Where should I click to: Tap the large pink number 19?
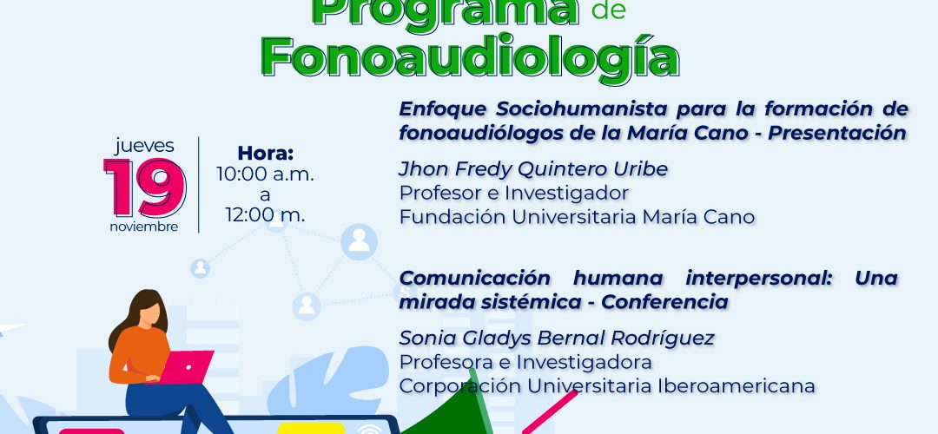point(145,187)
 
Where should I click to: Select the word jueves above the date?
point(145,146)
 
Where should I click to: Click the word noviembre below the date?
point(144,227)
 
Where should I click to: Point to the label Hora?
point(266,153)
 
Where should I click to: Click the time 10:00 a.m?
point(265,174)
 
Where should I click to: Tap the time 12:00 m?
point(265,214)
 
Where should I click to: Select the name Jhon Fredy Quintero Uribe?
point(533,170)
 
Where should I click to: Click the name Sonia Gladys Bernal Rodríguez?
point(557,339)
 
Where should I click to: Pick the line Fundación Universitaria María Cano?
point(577,217)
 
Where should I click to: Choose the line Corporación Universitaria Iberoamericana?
point(606,385)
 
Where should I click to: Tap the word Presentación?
point(837,134)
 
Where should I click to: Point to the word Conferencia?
point(664,302)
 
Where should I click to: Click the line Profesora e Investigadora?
point(525,362)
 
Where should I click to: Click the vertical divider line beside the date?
point(199,185)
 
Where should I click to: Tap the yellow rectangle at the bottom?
point(310,428)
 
